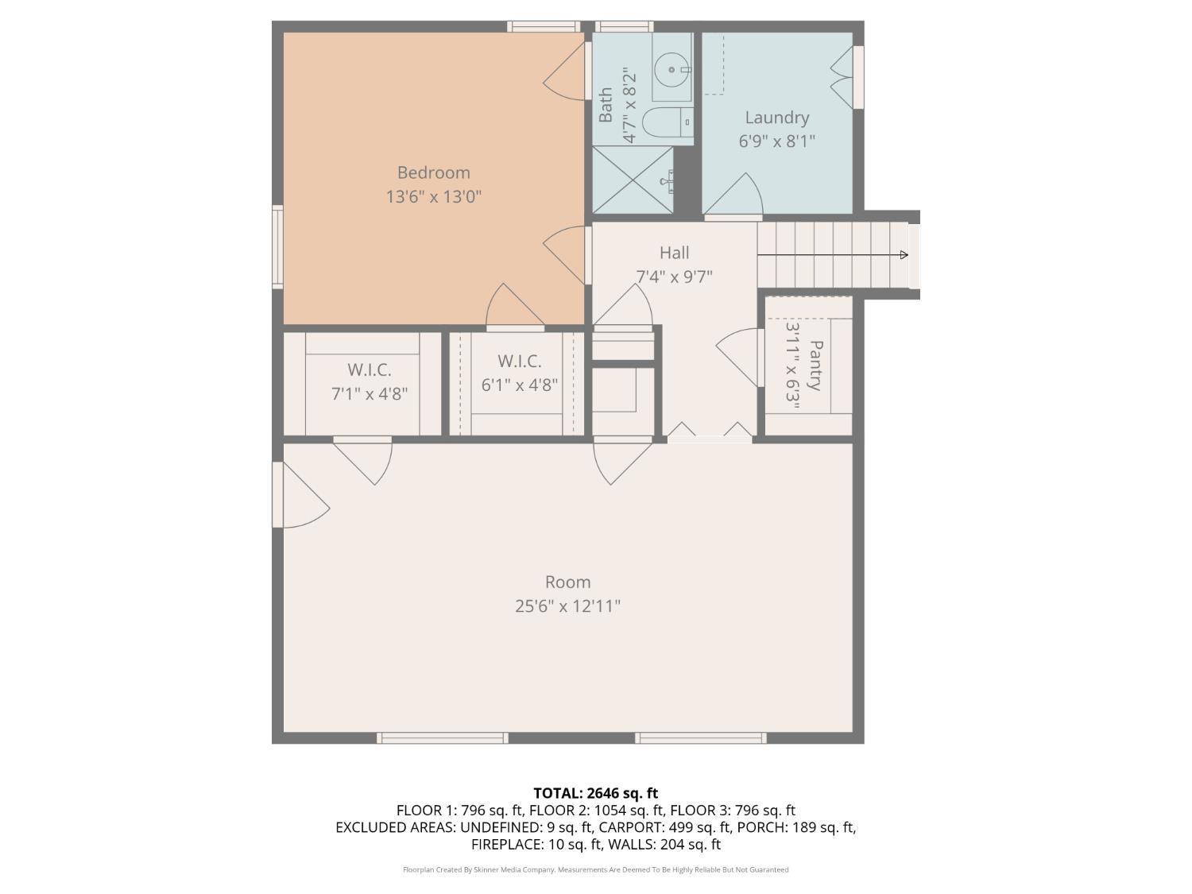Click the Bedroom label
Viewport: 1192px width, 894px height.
433,172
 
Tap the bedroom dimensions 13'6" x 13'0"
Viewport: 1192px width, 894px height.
433,196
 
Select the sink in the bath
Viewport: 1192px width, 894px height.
671,70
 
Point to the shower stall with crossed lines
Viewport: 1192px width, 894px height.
633,180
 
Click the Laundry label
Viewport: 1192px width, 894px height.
776,118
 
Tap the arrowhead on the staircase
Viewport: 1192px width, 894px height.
904,255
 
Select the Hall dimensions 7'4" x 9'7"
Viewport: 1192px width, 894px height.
674,277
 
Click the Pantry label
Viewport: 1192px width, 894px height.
815,366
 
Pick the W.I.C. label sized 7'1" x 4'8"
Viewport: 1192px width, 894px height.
369,370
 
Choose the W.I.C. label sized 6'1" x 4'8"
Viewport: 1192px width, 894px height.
520,361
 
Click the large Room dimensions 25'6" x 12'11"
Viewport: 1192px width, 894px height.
567,606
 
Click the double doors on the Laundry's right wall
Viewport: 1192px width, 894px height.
844,77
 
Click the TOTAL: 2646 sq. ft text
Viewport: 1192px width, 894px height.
595,793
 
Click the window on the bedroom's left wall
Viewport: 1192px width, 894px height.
277,246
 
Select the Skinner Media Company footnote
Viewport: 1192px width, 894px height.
595,869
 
